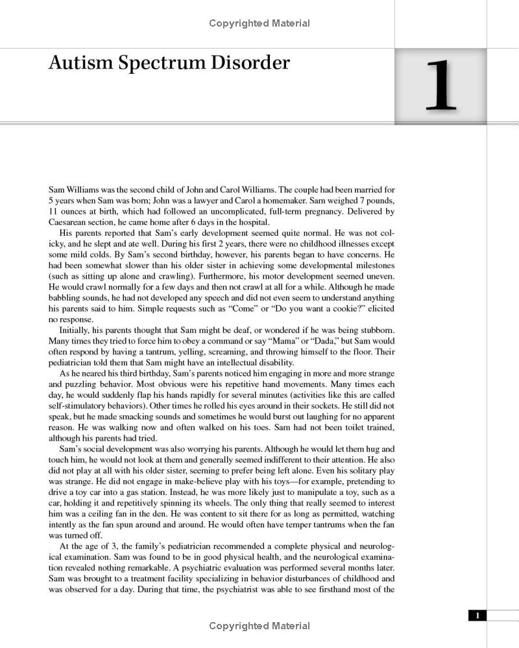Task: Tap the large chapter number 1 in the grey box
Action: (441, 86)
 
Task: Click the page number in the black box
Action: (477, 616)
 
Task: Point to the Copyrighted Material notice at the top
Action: (259, 23)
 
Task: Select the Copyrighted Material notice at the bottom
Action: (259, 626)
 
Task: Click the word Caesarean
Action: (70, 222)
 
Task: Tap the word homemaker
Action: (282, 201)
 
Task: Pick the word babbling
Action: (66, 298)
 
